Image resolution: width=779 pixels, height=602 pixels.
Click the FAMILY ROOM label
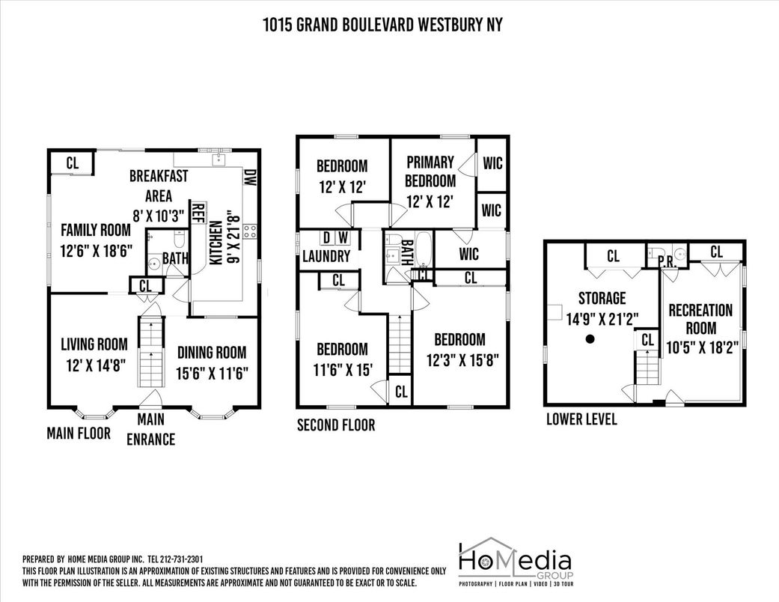(x=96, y=230)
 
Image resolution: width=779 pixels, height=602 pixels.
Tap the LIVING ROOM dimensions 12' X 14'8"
(x=95, y=366)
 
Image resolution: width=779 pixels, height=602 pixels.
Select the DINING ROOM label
(x=212, y=353)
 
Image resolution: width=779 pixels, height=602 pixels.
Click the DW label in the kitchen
(x=249, y=177)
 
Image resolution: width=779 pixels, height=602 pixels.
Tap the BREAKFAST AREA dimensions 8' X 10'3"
(x=159, y=216)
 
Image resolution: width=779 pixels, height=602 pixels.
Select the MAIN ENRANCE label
(x=150, y=430)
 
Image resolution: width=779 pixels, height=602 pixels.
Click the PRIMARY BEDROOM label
(x=430, y=171)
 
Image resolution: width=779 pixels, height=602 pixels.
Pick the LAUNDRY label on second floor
(x=326, y=257)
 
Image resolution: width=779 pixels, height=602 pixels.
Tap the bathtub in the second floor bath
(x=424, y=249)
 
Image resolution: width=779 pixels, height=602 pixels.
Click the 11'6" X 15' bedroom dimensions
(x=342, y=370)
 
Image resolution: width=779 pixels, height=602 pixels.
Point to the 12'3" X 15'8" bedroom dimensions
(x=462, y=359)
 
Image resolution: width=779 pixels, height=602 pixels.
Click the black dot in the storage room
(x=590, y=339)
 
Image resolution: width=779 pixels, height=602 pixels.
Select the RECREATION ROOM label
(x=700, y=319)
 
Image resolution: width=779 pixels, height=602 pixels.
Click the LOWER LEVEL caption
(x=581, y=419)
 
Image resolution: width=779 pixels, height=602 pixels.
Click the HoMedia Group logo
(x=516, y=562)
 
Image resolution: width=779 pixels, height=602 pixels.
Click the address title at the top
(x=382, y=25)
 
